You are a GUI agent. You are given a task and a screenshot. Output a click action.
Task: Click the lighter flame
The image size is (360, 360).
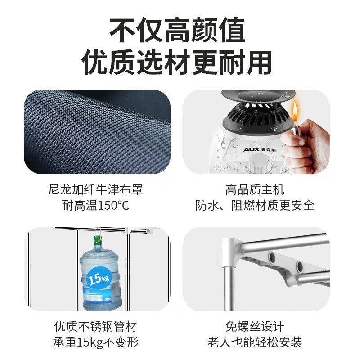tap(295, 110)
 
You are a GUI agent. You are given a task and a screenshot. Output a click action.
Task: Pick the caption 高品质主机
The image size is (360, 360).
tap(255, 190)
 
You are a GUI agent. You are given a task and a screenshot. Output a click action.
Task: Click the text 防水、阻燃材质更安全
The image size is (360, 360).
tap(255, 206)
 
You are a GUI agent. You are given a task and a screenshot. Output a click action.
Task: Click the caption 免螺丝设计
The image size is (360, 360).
tap(255, 326)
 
